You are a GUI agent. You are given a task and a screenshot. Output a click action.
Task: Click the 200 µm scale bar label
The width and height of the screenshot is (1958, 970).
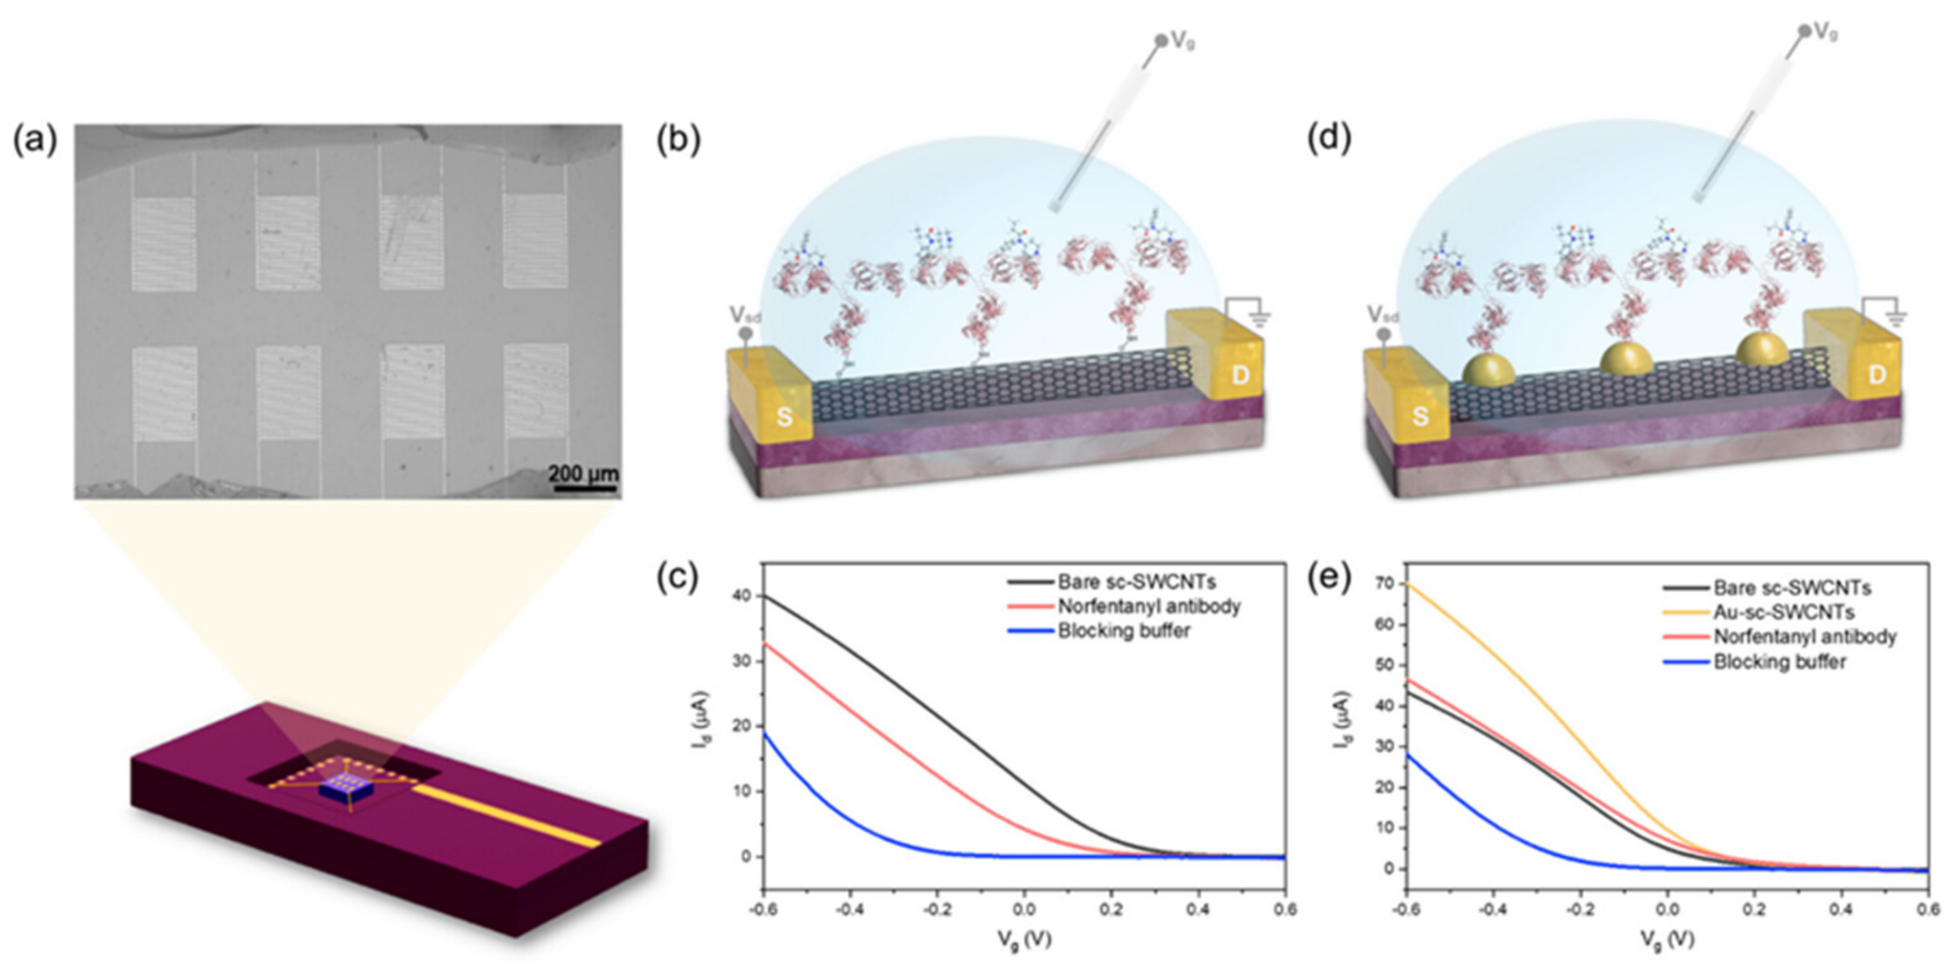(x=583, y=473)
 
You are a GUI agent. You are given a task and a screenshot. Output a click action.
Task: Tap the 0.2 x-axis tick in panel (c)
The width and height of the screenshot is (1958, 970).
(x=1112, y=909)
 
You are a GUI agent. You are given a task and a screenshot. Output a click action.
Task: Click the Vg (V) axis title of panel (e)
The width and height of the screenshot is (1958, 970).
(x=1667, y=940)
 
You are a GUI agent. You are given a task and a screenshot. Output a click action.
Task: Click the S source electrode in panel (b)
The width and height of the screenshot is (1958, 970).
(x=783, y=416)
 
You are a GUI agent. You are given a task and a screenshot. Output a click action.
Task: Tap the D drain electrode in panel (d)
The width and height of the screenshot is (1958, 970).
(x=1878, y=374)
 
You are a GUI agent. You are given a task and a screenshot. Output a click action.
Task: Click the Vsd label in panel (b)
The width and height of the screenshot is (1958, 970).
(x=745, y=315)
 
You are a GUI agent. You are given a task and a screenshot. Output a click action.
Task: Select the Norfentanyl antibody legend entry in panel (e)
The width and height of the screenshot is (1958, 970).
(x=1804, y=636)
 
